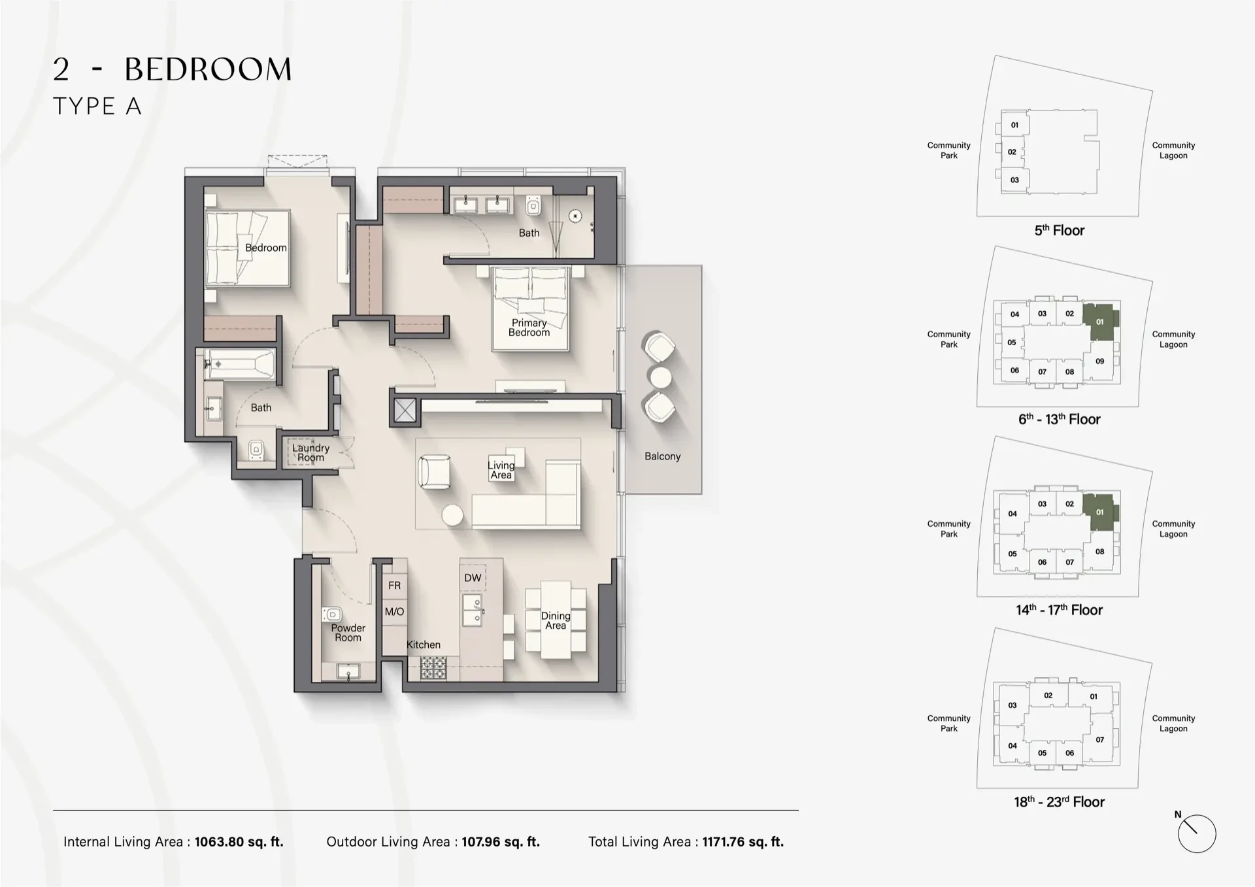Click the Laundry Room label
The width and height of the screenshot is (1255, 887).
tap(310, 452)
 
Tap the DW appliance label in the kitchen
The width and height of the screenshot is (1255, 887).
tap(473, 578)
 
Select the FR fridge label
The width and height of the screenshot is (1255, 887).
tap(394, 586)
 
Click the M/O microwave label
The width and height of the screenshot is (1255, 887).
tap(394, 612)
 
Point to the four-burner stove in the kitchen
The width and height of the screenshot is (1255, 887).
tap(433, 668)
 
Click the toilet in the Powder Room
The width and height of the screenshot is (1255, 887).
tap(332, 614)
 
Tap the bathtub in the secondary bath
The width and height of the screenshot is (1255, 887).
tap(239, 363)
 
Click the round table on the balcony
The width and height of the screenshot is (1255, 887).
tap(660, 377)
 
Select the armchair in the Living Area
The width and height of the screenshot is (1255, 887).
tap(433, 472)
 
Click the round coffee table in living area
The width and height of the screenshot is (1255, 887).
tap(452, 516)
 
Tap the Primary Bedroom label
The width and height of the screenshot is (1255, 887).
tap(529, 327)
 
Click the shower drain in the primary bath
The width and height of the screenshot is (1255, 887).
tap(575, 216)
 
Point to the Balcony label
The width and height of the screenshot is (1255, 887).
tap(662, 456)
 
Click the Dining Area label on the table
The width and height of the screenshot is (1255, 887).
tap(555, 620)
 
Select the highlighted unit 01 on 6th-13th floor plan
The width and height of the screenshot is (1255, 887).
tap(1100, 322)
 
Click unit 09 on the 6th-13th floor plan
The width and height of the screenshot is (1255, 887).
tap(1100, 361)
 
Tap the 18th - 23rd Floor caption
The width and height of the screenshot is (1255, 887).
tap(1059, 802)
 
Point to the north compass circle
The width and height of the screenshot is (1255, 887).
tap(1196, 834)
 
